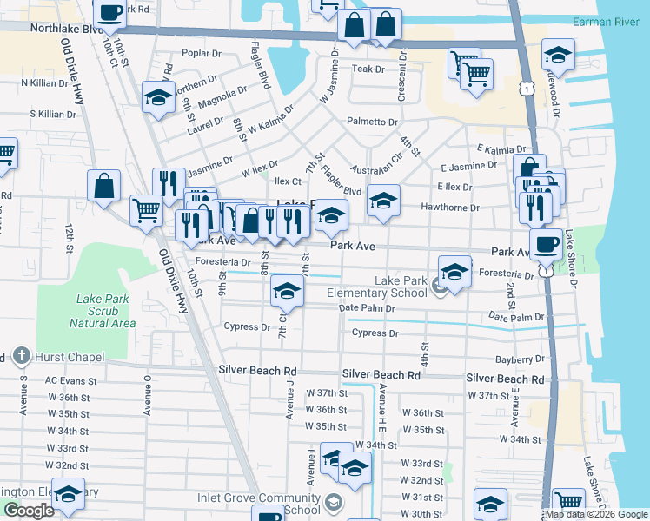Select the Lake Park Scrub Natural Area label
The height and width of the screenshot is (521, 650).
(x=102, y=311)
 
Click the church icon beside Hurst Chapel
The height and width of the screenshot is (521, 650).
(x=21, y=357)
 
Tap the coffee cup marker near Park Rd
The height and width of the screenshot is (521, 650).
(x=109, y=14)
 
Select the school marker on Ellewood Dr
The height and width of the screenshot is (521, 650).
(x=558, y=56)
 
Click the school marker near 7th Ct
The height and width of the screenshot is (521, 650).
(x=287, y=292)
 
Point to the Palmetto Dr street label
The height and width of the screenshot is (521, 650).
(x=372, y=122)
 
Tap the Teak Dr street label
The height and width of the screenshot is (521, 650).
(x=368, y=69)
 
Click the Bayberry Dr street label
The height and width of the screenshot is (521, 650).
(x=516, y=359)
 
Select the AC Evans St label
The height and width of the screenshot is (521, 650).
(x=70, y=380)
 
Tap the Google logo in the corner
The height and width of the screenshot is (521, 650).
(x=29, y=511)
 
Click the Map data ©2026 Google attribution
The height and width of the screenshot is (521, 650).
(x=596, y=514)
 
